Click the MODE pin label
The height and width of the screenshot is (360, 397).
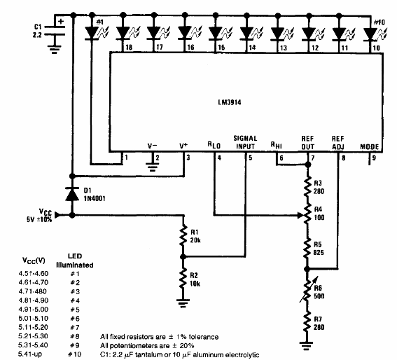tap(368, 146)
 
